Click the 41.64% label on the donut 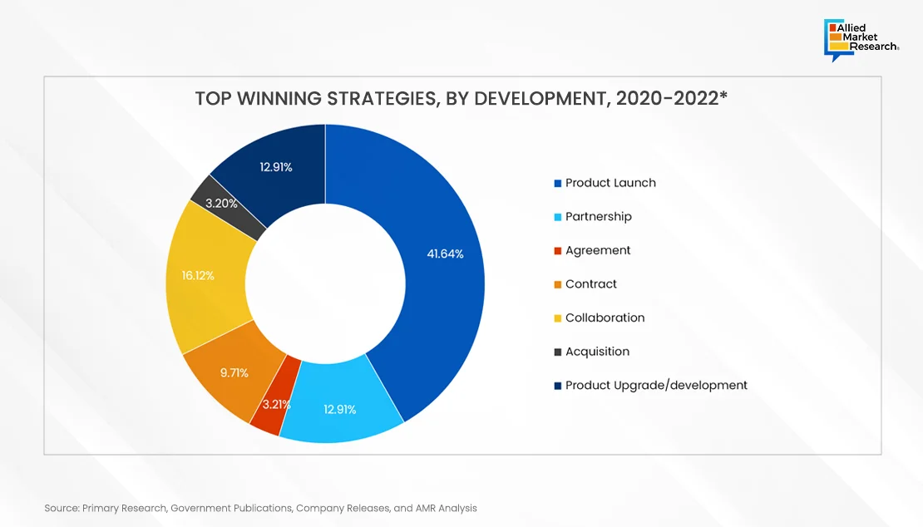tap(445, 254)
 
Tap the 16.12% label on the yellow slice tap(198, 275)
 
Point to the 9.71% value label tap(234, 373)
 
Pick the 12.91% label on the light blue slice tap(339, 409)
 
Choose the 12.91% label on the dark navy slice tap(276, 167)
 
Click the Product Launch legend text tap(610, 183)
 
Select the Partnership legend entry tap(599, 217)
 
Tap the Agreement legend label tap(598, 250)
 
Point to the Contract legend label tap(591, 284)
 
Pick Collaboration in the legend tap(605, 318)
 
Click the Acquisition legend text tap(597, 352)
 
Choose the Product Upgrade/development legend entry tap(656, 385)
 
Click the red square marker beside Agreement tap(558, 251)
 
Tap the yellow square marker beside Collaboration tap(558, 318)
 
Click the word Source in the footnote tap(61, 507)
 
